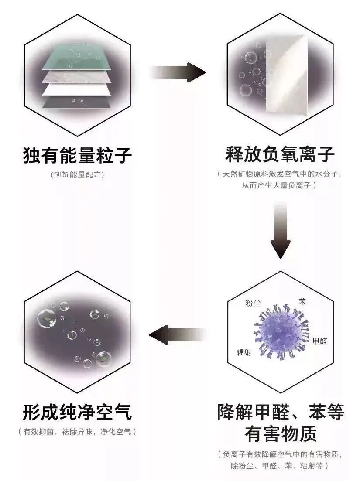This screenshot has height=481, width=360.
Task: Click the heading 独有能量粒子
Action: (77, 155)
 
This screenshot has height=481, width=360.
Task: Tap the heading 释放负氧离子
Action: (280, 154)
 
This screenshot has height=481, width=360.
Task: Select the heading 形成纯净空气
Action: (77, 412)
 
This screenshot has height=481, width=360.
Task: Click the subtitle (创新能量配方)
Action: (77, 175)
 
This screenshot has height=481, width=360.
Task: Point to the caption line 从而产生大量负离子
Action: (280, 186)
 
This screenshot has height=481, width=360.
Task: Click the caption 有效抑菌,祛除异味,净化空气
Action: (77, 432)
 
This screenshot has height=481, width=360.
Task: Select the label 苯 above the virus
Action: (302, 301)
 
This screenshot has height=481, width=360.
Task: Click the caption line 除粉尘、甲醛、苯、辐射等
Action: (280, 465)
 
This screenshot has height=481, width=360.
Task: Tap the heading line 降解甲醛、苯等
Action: (280, 412)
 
